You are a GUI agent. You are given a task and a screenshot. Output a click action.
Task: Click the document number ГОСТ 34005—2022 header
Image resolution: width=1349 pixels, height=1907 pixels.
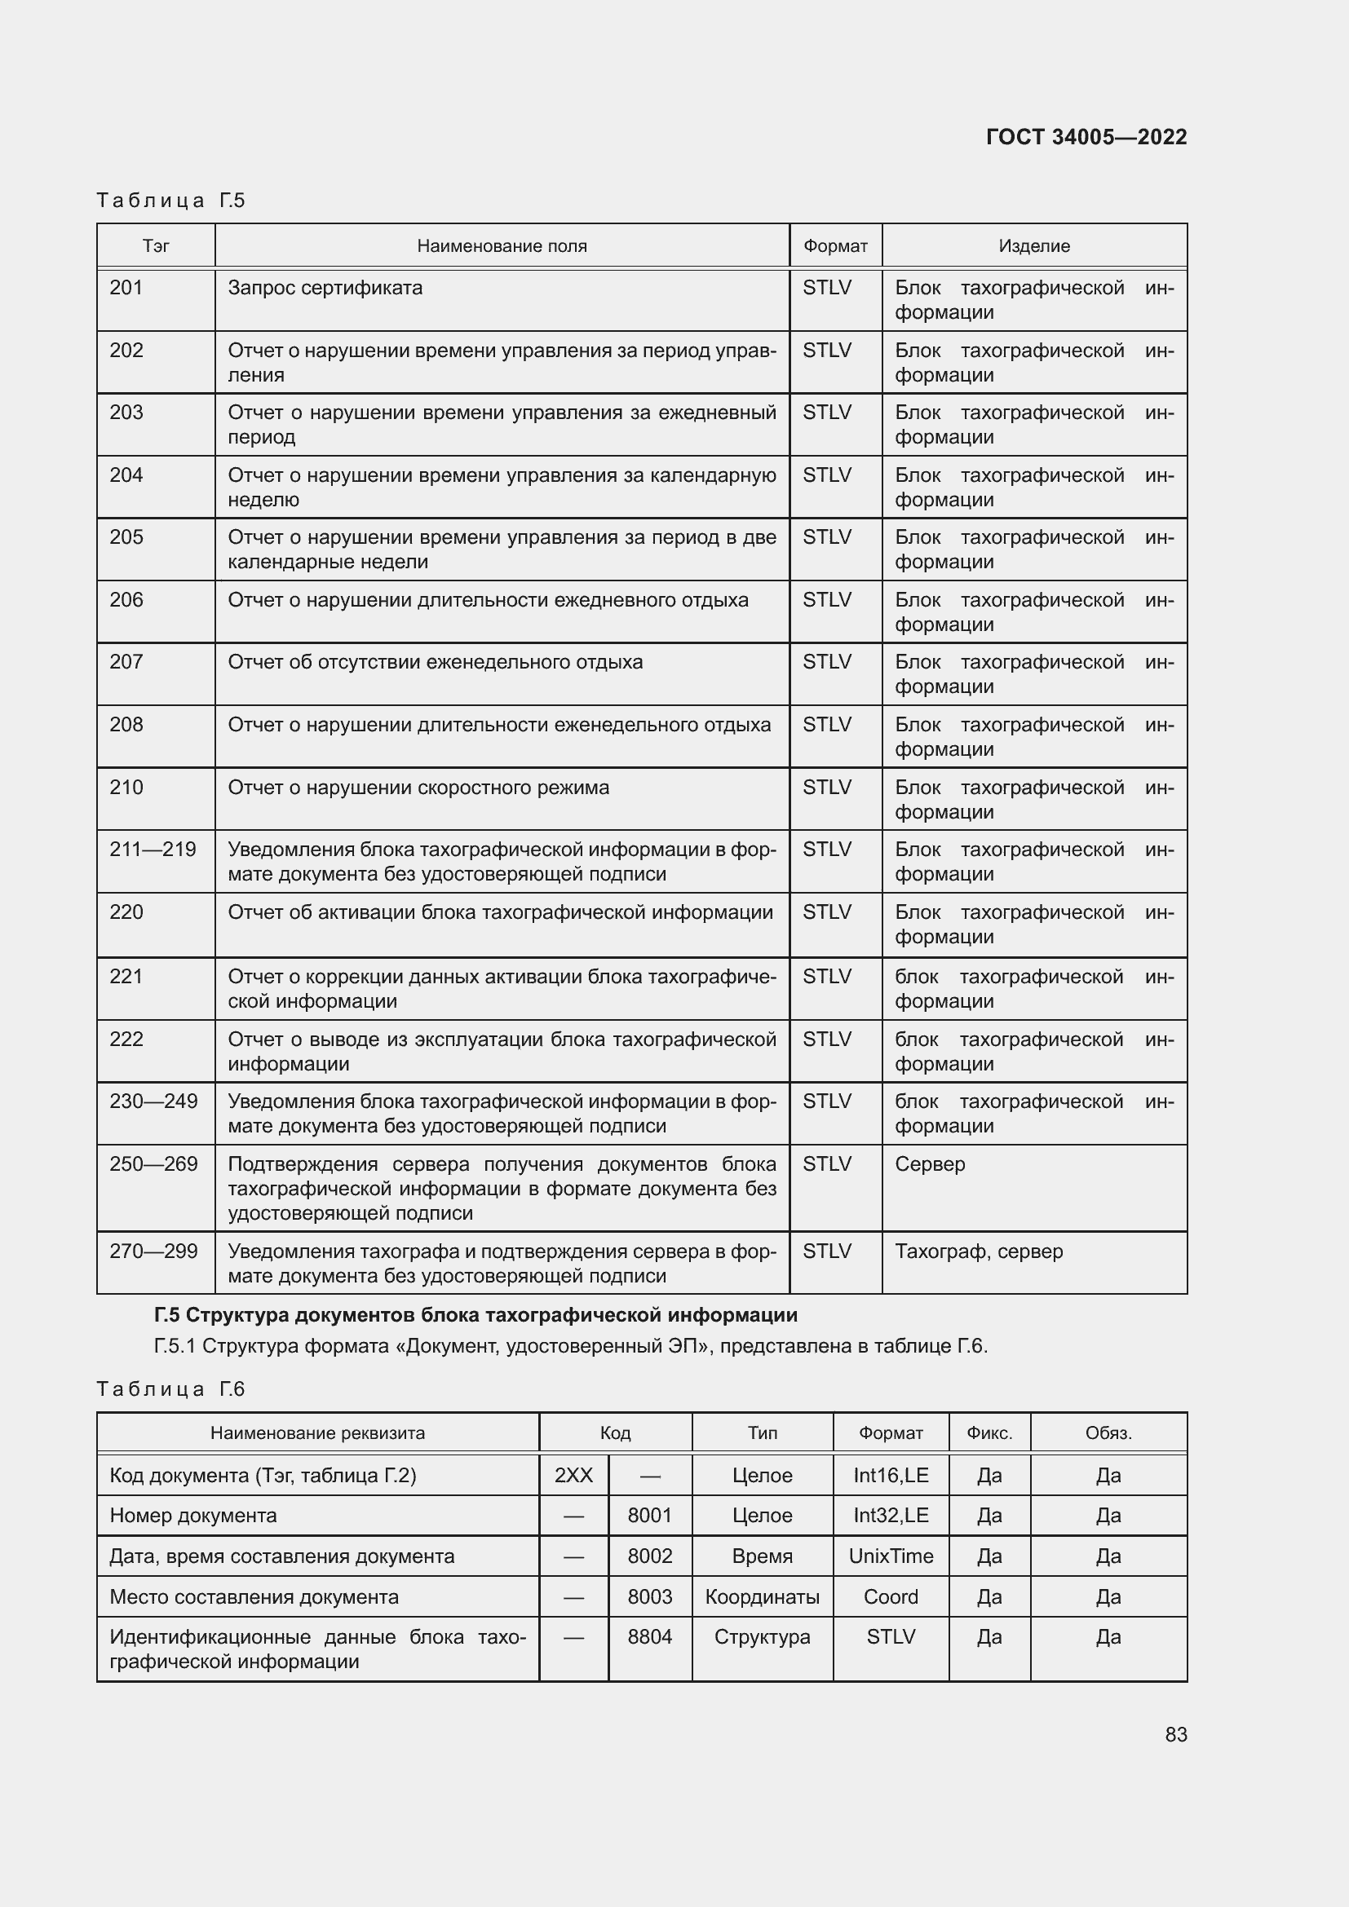(1086, 137)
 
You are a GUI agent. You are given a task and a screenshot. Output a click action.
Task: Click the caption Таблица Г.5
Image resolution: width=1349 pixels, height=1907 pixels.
(170, 201)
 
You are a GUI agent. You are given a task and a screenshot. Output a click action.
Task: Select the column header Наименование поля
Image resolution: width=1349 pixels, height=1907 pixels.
(502, 246)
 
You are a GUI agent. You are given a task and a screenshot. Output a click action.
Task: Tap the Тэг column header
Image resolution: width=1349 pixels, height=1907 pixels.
(156, 246)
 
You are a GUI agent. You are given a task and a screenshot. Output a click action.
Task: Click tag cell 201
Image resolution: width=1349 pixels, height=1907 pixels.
(126, 288)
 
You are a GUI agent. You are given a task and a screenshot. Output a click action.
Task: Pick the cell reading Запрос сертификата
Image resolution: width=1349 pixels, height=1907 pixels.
(325, 288)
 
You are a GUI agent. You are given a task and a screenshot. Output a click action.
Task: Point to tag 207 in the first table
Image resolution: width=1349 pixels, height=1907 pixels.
(126, 662)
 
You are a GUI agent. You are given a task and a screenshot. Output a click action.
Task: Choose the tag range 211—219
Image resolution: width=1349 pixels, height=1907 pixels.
(153, 850)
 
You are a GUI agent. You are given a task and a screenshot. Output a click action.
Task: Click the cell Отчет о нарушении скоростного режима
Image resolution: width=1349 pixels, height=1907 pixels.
(418, 788)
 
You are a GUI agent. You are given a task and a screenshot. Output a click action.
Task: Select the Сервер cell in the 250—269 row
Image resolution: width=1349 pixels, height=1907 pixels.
(930, 1163)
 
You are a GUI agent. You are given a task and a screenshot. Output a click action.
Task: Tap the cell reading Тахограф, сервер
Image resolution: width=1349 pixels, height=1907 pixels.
(979, 1251)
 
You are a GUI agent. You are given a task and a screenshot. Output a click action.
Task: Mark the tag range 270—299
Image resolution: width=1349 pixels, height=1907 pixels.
(153, 1251)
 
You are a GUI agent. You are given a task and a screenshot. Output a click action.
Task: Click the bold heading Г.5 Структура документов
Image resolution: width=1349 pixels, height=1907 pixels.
(475, 1315)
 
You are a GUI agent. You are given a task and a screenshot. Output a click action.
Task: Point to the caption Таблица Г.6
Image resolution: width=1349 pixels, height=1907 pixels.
(170, 1388)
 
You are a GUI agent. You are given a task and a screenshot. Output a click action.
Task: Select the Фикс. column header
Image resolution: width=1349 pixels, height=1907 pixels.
(989, 1432)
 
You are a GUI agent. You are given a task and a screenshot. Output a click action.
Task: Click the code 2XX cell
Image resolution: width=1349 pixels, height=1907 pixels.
(573, 1475)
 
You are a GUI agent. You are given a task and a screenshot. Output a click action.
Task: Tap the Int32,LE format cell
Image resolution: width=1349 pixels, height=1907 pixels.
(891, 1515)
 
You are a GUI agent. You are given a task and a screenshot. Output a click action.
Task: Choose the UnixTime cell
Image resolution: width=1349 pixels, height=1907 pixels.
(891, 1556)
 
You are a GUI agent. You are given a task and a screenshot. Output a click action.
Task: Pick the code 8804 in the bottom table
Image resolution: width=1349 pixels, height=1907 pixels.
(649, 1637)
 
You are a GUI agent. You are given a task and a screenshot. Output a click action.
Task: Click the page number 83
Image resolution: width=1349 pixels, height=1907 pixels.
(1175, 1734)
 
